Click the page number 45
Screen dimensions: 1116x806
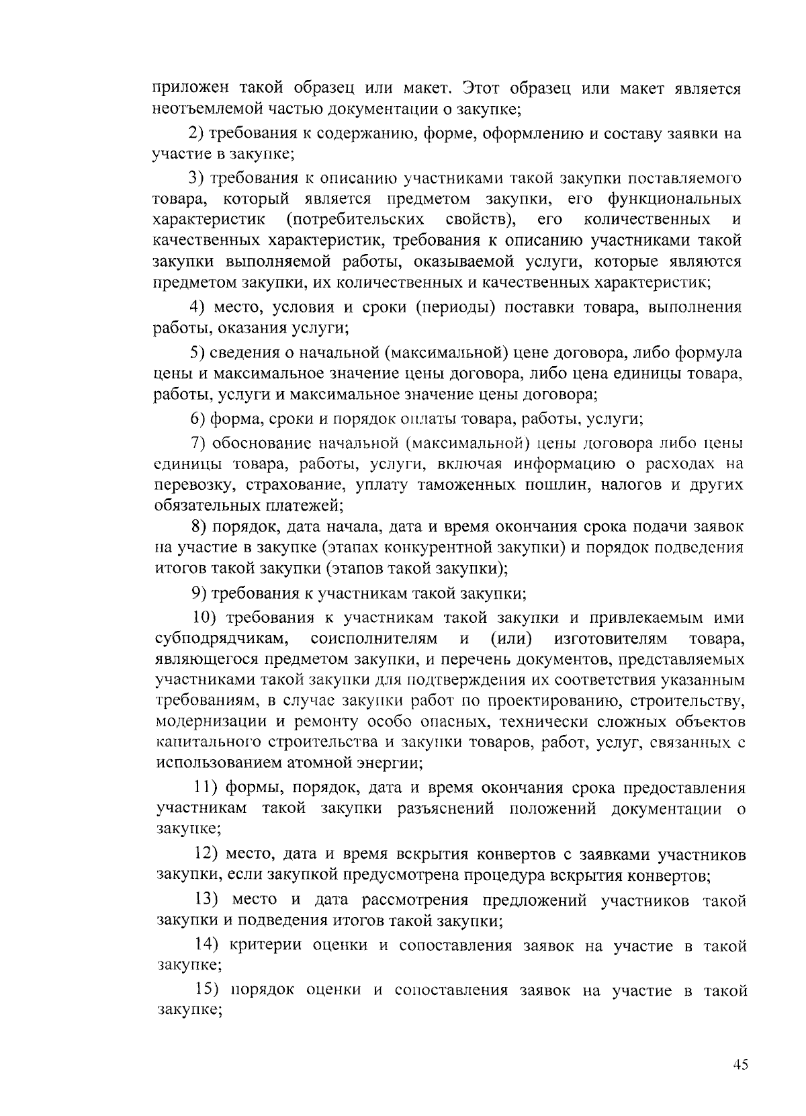coord(740,1064)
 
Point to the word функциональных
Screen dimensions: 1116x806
coord(674,199)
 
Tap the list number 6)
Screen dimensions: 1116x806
coord(197,419)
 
